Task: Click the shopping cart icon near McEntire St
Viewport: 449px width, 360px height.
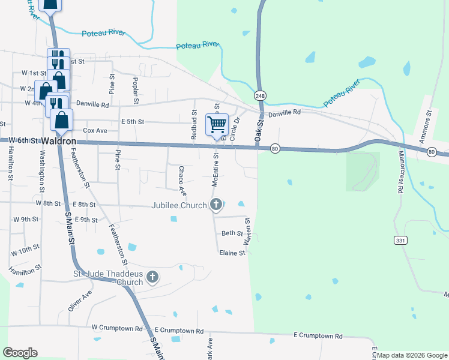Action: [x=217, y=125]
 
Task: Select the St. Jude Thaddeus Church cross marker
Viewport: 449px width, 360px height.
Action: [x=152, y=277]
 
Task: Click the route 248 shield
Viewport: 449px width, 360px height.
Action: [x=260, y=96]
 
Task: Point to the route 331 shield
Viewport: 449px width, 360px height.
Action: [x=400, y=240]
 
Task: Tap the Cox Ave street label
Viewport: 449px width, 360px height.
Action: [x=95, y=130]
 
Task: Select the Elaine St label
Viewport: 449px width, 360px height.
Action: [x=232, y=253]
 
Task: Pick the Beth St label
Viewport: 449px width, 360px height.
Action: [x=232, y=233]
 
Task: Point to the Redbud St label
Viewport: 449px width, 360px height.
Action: [x=194, y=125]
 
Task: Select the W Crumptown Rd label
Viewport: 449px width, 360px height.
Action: [x=118, y=329]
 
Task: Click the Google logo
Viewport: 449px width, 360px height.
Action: [x=20, y=353]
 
